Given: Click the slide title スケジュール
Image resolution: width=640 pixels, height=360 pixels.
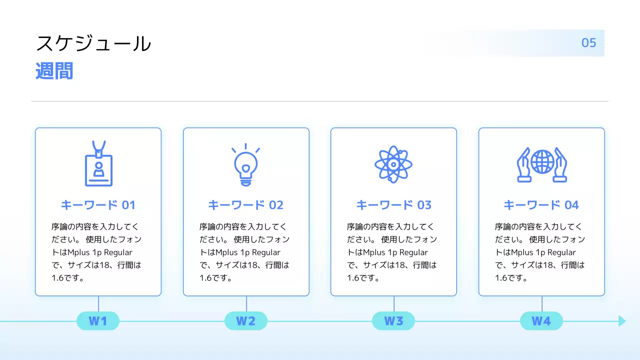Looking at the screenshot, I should pos(93,44).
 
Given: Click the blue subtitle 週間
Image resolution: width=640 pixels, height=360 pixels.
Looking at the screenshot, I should pos(54,71).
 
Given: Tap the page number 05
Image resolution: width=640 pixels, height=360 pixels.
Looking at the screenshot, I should pos(588,43).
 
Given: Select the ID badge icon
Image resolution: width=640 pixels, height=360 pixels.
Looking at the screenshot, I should pos(98,164).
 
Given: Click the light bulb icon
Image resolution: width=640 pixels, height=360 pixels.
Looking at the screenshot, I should pos(246,164).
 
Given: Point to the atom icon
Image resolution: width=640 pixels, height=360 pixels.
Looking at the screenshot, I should pos(393,164).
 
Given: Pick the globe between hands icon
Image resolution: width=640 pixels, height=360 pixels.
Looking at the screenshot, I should pos(541,164).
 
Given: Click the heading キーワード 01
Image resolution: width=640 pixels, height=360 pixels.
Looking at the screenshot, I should pos(98,205).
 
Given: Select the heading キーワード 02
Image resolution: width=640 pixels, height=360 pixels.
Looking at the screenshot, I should pos(245,205).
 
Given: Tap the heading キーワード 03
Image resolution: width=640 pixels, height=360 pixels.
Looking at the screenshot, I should pos(393,205).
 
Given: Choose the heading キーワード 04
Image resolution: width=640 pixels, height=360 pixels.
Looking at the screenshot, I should pos(541,205).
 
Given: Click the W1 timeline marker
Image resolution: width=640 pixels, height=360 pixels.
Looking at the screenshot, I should pos(98,321).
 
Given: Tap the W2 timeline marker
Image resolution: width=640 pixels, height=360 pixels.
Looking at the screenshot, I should pos(245,321).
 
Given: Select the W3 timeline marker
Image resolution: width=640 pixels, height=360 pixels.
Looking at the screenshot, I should pos(393,321).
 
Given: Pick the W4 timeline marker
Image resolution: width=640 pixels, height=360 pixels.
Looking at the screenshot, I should pos(541,321).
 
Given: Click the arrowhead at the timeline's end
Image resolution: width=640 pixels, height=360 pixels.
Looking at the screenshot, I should pos(622,321).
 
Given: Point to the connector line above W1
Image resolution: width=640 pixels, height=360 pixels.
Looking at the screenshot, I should pos(98,303).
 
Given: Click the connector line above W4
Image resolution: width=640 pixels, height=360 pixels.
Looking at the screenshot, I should pos(542,303).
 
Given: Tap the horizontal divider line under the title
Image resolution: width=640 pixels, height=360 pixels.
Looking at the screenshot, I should pos(320,101).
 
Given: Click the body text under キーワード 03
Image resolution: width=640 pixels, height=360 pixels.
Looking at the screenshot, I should pos(391,252).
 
